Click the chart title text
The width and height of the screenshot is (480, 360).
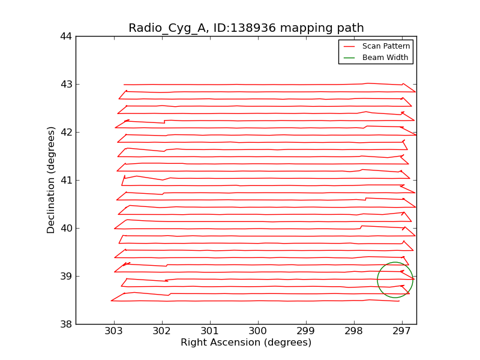(246, 28)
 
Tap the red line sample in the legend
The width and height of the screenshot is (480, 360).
(350, 46)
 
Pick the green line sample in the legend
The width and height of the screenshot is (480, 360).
(350, 58)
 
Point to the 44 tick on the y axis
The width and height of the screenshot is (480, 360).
(66, 37)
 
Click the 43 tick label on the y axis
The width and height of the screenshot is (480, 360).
(66, 85)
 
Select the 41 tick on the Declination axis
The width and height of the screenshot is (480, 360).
(66, 181)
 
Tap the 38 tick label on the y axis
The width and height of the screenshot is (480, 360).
(66, 325)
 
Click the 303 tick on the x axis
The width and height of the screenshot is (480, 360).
(114, 331)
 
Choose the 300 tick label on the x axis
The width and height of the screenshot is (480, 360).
(258, 331)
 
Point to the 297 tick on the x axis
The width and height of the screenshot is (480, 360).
(401, 331)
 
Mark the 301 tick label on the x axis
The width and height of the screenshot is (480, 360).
(210, 331)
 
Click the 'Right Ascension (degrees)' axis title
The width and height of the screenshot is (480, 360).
(246, 343)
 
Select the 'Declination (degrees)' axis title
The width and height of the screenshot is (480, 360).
(52, 180)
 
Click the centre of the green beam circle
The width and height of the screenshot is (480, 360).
(395, 280)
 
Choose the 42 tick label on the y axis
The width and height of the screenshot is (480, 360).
(66, 133)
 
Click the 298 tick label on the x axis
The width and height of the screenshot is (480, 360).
(354, 331)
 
